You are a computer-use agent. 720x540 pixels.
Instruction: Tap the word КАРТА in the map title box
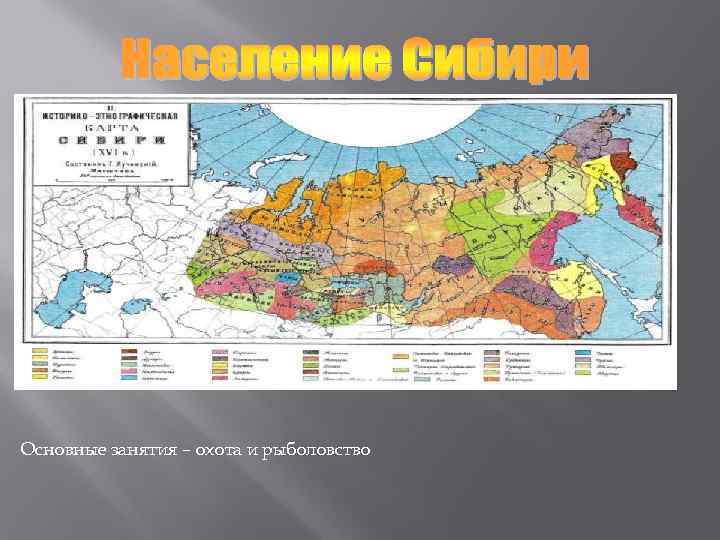109,127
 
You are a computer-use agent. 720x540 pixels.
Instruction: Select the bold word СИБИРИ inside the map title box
108,141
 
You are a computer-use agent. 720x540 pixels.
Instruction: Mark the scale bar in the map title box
107,180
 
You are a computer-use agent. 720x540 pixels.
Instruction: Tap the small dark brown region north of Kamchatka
624,164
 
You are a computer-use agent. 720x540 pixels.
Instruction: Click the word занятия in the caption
129,451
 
